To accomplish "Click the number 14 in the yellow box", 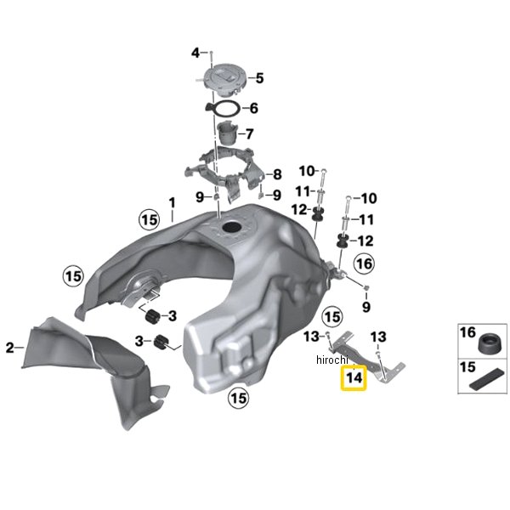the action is [x=354, y=377].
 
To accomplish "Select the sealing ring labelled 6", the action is [x=224, y=109].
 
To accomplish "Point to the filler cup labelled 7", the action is [x=226, y=133].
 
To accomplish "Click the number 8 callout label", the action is [x=277, y=174].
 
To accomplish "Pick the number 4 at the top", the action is [x=195, y=53].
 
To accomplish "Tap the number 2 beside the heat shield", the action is [x=10, y=348].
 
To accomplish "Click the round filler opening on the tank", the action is [x=233, y=227].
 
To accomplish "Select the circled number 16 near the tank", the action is [x=364, y=263].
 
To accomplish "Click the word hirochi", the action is [x=332, y=360].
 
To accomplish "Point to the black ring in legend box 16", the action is [x=490, y=343].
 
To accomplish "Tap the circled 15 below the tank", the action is [x=239, y=398].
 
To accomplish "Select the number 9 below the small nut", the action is [x=366, y=307].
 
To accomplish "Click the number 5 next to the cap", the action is [x=259, y=78].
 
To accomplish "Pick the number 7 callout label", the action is [x=249, y=134].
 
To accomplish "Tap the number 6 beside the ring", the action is [x=254, y=108].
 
